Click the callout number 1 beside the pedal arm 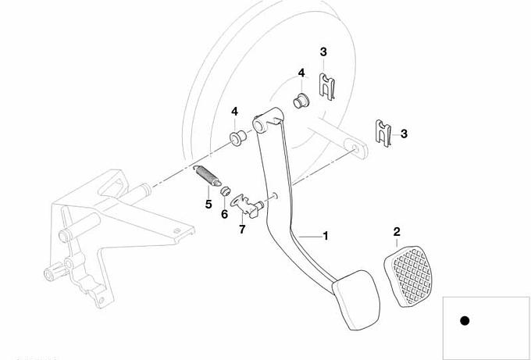pos(326,235)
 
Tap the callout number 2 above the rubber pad pos(397,232)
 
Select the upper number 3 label pos(323,52)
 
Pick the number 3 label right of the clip pos(404,134)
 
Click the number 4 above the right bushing pos(301,73)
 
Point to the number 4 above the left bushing pos(234,112)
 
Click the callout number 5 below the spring pos(208,204)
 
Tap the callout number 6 pos(224,213)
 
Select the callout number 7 pos(242,230)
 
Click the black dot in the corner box pos(465,320)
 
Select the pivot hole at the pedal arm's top pos(259,123)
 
